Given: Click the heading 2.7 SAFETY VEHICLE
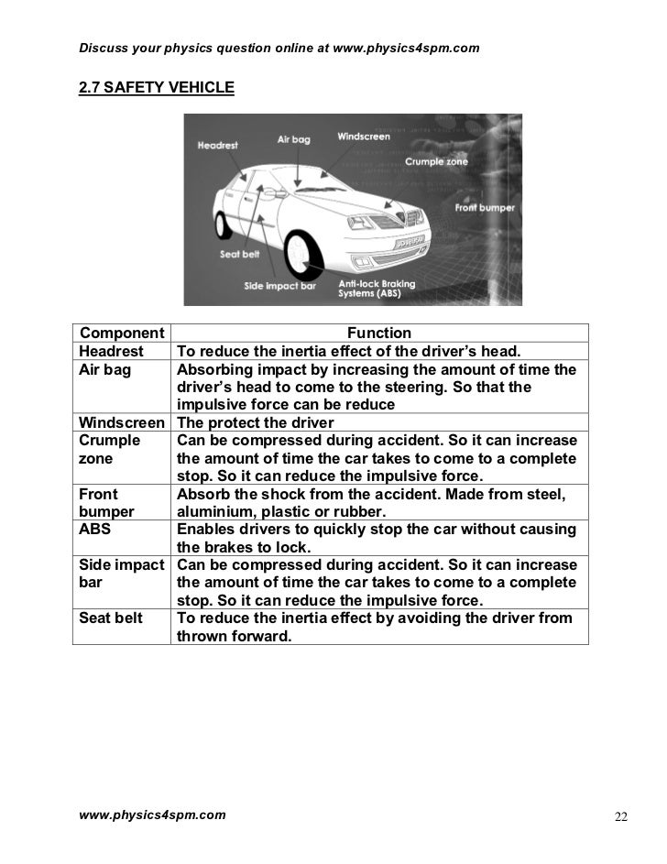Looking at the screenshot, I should tap(157, 88).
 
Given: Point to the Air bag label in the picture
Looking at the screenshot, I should tap(293, 140).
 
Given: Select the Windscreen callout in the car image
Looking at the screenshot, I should tap(364, 137).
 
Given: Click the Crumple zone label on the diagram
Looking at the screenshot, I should tap(436, 161).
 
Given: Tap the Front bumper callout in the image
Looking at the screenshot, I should tap(485, 208).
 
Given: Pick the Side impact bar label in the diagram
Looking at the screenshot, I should tap(279, 286).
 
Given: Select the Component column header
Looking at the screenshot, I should tap(121, 333).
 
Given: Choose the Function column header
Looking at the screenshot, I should tap(379, 333).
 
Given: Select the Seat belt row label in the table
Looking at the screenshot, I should tap(111, 618).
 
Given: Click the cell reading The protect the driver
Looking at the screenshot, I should tap(255, 422).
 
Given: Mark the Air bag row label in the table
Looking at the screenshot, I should tap(105, 369).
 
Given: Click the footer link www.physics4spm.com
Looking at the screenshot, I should tap(152, 814).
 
